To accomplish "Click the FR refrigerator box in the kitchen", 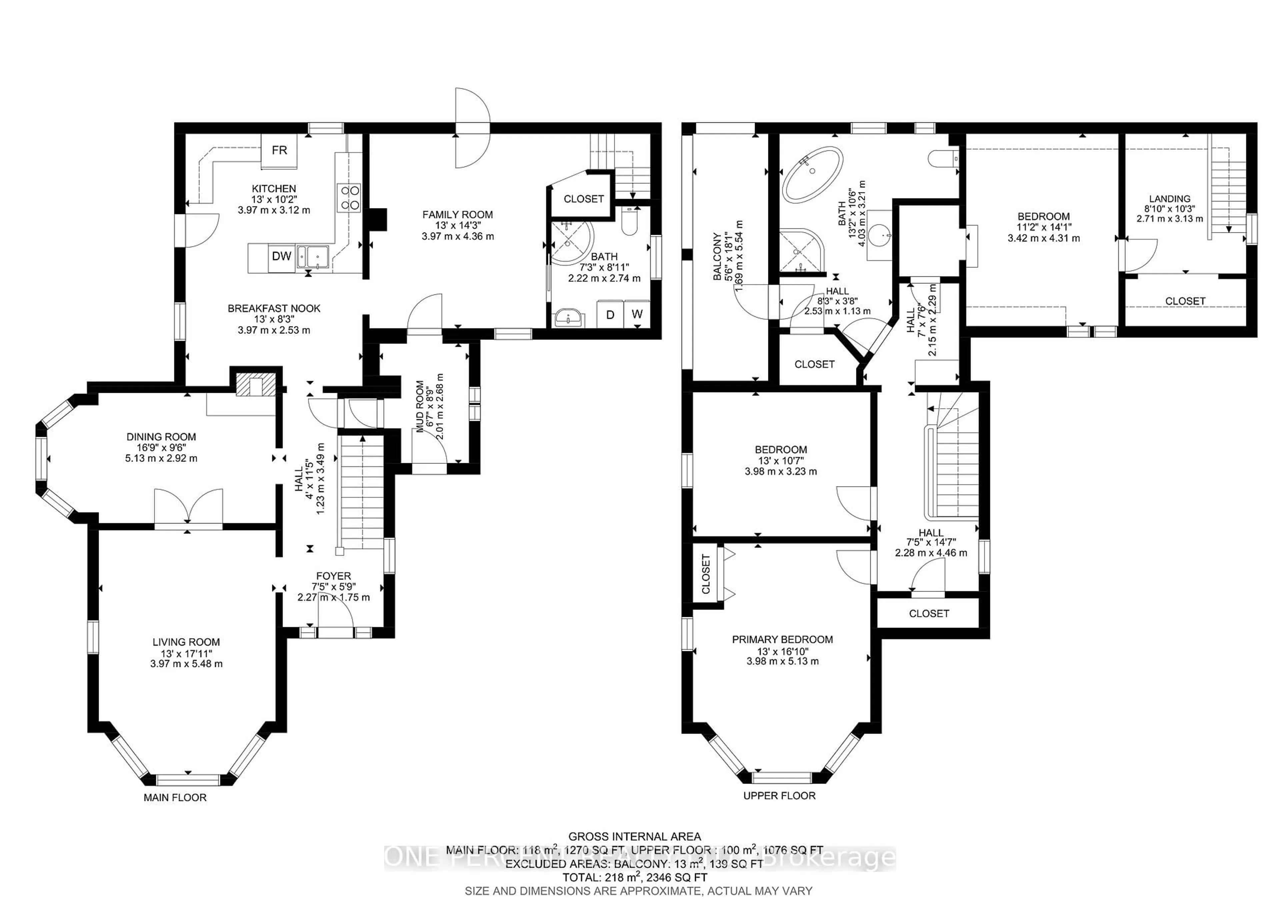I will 279,150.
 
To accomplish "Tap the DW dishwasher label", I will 282,256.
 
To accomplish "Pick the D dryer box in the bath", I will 610,314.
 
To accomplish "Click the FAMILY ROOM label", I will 457,215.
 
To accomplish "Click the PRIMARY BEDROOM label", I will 782,640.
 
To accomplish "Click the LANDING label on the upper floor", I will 1169,198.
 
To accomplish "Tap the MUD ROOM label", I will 420,407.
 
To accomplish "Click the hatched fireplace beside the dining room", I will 256,385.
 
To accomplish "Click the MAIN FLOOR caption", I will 175,797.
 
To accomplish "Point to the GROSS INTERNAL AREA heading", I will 634,836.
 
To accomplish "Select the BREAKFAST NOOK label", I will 274,308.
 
